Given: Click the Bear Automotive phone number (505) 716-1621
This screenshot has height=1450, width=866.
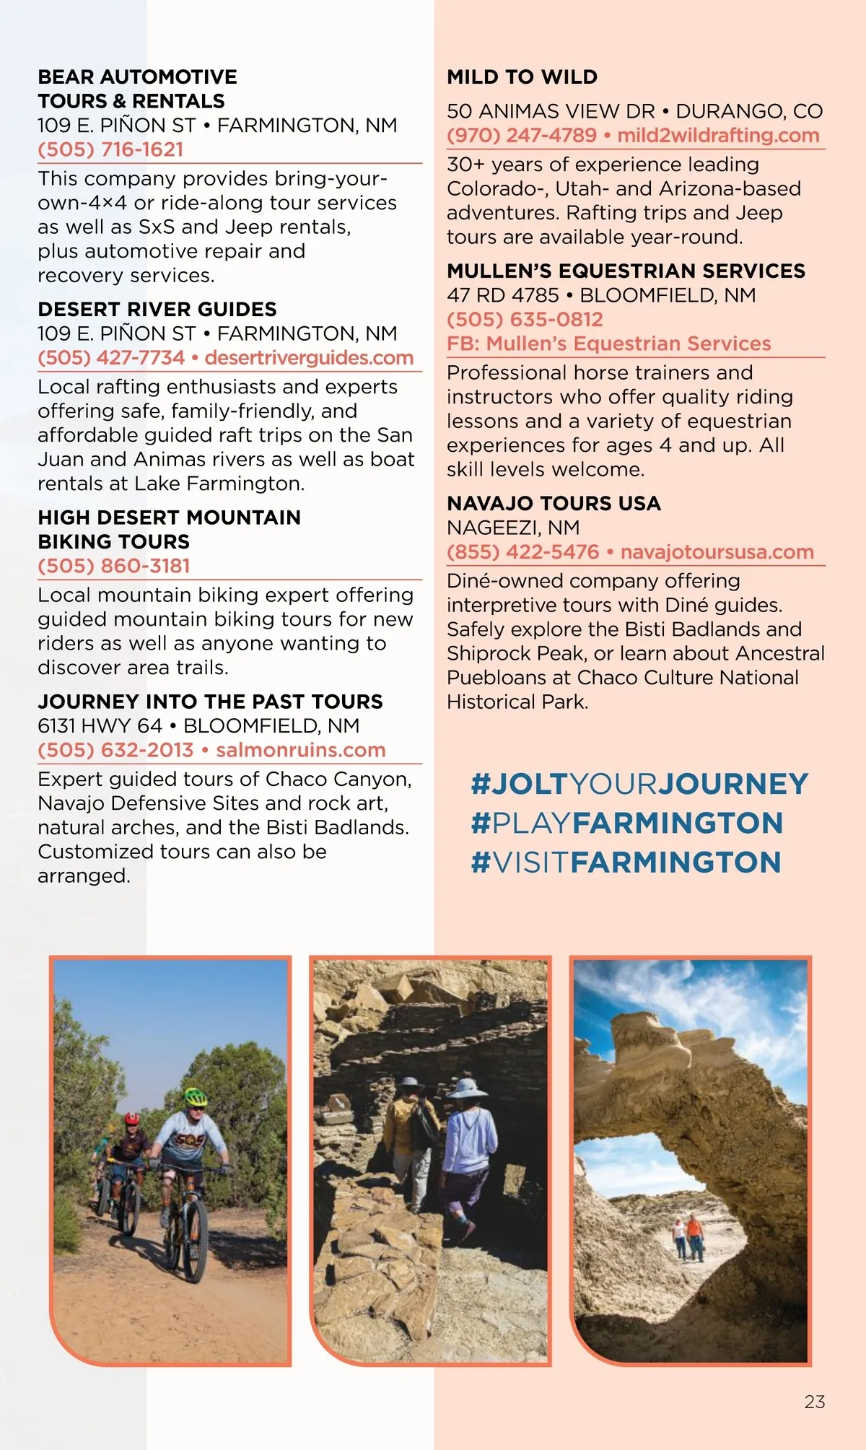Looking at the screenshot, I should [x=110, y=149].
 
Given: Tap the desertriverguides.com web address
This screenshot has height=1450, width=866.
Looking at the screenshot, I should [x=309, y=358].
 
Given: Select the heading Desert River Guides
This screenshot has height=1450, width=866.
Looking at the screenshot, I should [x=157, y=310].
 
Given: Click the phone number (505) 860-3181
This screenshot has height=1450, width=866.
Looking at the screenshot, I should [x=114, y=566].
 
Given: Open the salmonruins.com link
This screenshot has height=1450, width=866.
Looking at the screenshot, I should [x=301, y=750].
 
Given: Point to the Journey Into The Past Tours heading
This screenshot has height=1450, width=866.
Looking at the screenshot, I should [x=210, y=702].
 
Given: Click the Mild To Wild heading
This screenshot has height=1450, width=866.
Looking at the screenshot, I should [x=522, y=77].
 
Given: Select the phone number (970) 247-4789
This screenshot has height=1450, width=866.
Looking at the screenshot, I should [x=522, y=136].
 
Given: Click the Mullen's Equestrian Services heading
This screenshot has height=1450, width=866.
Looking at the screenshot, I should [x=626, y=271].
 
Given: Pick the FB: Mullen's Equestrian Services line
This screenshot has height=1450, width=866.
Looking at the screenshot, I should [x=608, y=344].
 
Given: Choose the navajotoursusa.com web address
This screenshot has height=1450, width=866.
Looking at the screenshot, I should [x=717, y=552].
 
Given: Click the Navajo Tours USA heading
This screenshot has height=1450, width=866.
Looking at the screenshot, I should [x=554, y=504].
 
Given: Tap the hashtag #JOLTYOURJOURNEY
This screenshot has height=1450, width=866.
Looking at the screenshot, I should [x=639, y=785].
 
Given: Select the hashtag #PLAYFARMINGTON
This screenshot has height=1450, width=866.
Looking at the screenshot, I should [x=626, y=824].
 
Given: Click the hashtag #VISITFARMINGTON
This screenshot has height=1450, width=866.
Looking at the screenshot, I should [x=626, y=862].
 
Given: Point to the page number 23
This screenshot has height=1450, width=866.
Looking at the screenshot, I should [x=815, y=1402].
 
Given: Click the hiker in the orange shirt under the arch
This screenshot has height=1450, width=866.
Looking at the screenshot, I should [x=694, y=1230].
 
